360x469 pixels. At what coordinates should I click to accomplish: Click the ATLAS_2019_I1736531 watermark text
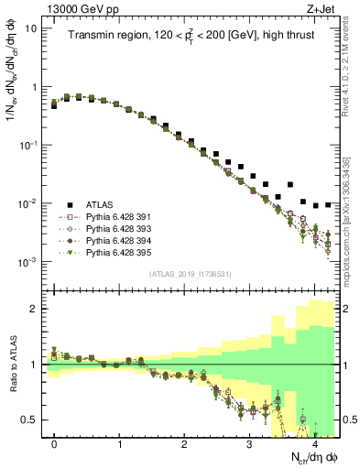coord(190,274)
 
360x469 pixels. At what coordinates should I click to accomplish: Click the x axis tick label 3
coord(249,444)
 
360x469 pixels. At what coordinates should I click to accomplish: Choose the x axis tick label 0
coord(55,444)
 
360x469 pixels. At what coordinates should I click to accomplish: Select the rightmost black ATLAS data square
coord(329,205)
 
